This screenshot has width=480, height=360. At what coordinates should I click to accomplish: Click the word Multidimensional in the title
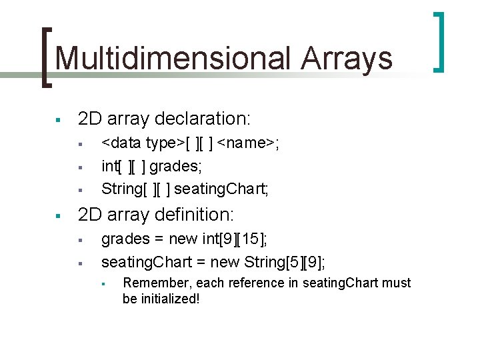[173, 59]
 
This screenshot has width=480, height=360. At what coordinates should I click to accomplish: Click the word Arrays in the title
[347, 59]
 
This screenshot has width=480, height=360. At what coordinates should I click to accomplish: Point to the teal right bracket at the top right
[439, 41]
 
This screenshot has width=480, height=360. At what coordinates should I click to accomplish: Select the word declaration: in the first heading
[203, 119]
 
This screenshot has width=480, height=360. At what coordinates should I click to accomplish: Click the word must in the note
[398, 283]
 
